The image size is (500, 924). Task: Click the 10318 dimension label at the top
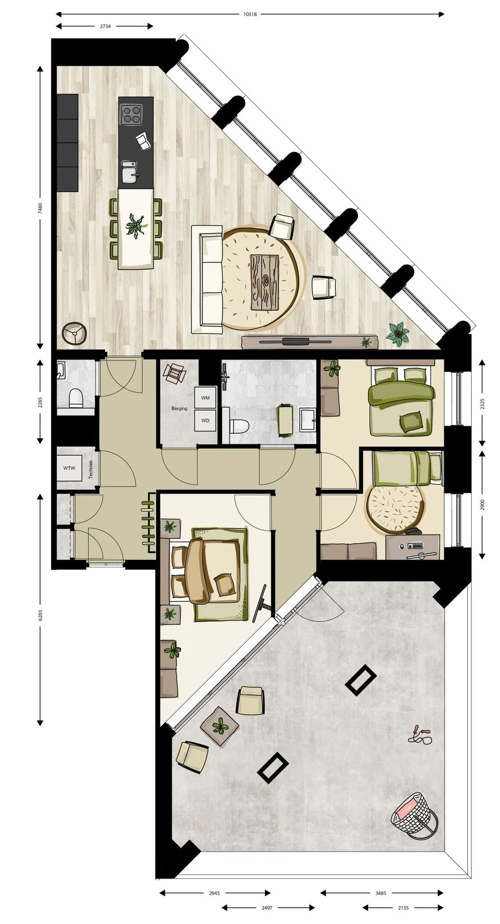(250, 14)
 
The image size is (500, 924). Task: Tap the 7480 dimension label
(41, 209)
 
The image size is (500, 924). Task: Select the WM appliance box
(206, 398)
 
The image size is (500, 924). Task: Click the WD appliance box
(206, 420)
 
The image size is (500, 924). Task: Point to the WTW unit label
(69, 468)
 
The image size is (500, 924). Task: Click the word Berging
(179, 408)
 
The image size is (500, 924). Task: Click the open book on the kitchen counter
(144, 142)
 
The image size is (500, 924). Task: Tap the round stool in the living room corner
(74, 334)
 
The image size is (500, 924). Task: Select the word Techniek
(91, 469)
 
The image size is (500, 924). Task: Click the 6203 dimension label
(41, 616)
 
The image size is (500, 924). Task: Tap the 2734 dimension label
(105, 26)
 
